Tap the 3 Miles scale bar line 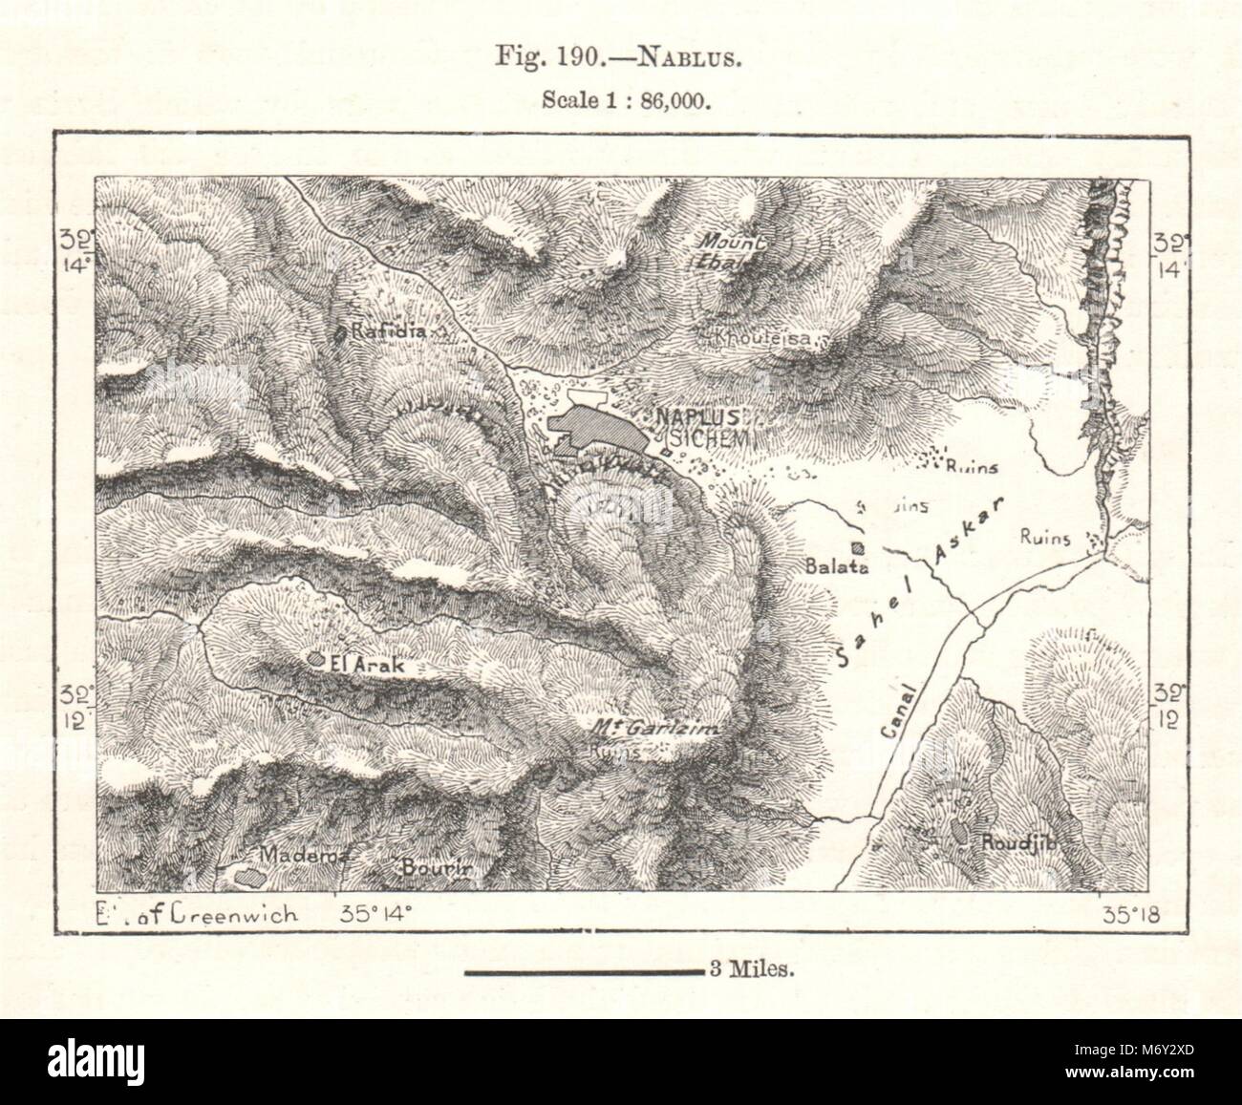(584, 972)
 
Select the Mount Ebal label (732, 250)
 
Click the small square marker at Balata (858, 548)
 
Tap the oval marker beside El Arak (315, 659)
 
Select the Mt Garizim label (654, 729)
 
